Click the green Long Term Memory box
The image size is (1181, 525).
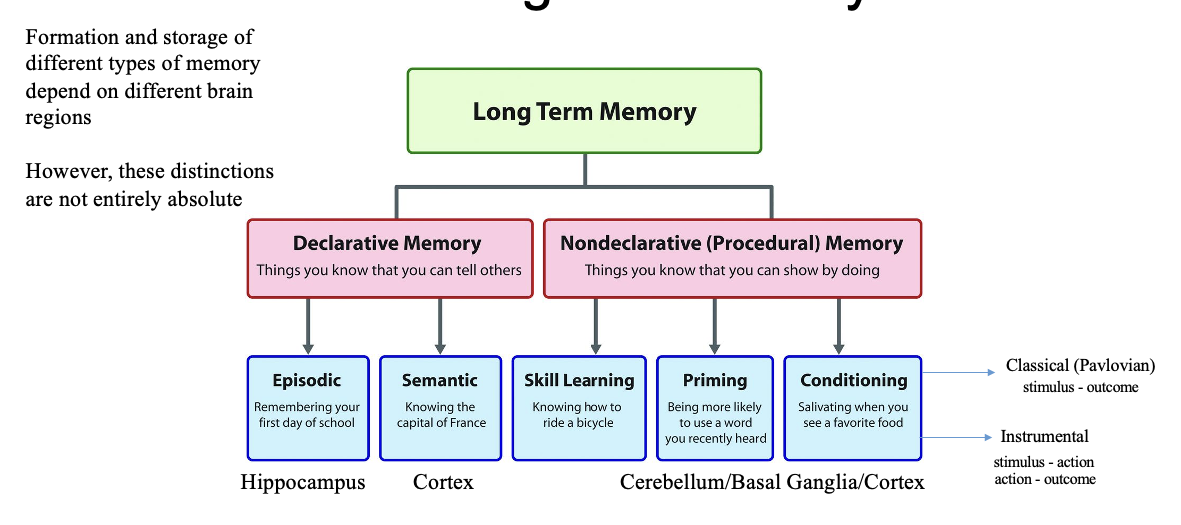(x=585, y=111)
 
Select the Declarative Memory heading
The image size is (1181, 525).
(x=387, y=243)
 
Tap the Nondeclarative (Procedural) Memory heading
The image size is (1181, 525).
(x=731, y=243)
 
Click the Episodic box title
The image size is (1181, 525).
(x=306, y=380)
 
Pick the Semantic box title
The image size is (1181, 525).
(x=439, y=380)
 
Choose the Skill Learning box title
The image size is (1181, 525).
(x=580, y=380)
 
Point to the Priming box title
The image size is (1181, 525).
(x=715, y=380)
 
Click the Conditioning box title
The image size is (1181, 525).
(x=853, y=380)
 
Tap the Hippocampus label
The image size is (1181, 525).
(x=303, y=483)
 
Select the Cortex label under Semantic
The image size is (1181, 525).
(x=443, y=483)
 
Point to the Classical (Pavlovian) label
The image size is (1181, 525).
(x=1080, y=366)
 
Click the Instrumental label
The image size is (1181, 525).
(x=1044, y=436)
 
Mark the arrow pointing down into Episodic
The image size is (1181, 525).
(x=307, y=327)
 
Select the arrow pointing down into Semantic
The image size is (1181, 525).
(x=440, y=327)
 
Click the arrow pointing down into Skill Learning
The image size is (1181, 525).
(x=596, y=327)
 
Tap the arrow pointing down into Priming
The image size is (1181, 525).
(x=714, y=327)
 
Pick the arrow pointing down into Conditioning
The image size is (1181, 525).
(x=839, y=327)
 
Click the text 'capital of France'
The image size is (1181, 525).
(x=440, y=422)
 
